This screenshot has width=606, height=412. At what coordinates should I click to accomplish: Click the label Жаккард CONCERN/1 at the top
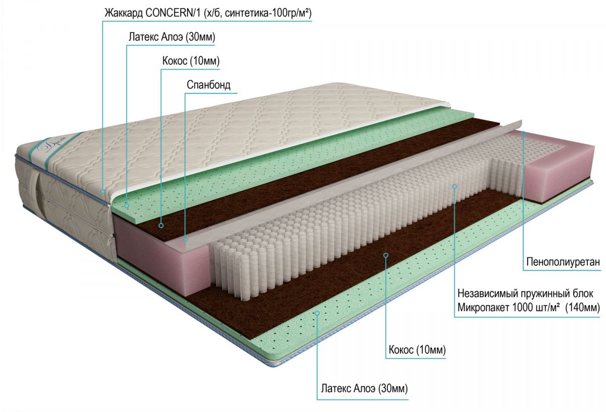(x=207, y=13)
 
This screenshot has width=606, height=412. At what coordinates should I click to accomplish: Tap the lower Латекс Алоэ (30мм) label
(x=364, y=389)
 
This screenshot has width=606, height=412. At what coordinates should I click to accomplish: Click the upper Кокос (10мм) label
(x=190, y=61)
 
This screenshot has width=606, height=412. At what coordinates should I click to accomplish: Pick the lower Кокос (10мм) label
(x=418, y=349)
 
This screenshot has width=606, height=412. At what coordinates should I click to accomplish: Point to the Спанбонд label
(x=208, y=85)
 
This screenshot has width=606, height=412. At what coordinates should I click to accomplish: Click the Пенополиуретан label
(x=563, y=262)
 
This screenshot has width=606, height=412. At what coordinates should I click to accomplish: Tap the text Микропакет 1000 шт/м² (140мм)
(x=528, y=307)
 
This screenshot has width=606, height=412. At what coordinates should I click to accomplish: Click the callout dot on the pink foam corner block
(x=524, y=133)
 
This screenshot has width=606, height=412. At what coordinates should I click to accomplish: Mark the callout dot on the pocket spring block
(x=454, y=186)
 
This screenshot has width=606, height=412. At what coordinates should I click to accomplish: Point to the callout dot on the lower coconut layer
(x=386, y=255)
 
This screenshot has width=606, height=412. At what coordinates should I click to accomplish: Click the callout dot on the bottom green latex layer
(x=317, y=313)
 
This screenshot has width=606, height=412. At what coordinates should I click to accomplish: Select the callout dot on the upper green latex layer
(x=126, y=205)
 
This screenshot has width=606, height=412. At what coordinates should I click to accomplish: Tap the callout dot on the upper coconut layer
(x=162, y=225)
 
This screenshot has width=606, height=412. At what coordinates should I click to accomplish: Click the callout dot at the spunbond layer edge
(x=185, y=239)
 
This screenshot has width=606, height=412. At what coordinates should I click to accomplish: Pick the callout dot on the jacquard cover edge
(x=103, y=191)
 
